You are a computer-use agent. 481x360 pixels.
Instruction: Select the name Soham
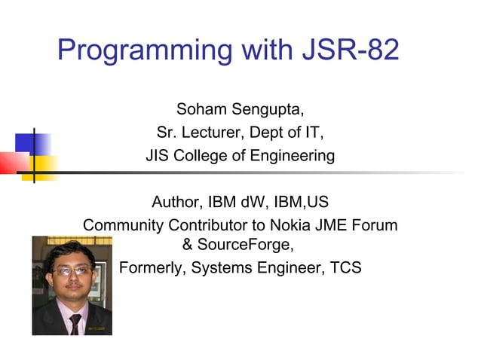(203, 112)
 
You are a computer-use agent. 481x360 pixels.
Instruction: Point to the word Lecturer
(216, 135)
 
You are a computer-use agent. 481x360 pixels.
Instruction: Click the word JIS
(159, 157)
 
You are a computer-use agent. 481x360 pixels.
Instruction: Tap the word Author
(174, 203)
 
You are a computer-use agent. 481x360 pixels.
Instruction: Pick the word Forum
(372, 224)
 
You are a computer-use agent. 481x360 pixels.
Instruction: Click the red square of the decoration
(12, 162)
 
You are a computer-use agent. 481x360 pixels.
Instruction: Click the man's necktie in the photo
(75, 324)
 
